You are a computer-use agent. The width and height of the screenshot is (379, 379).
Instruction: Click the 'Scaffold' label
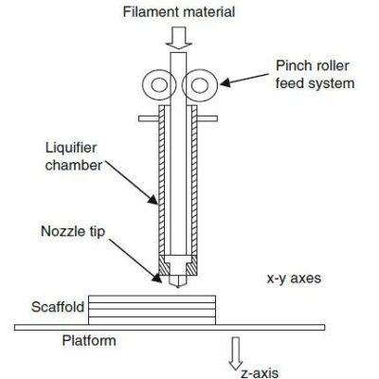[58, 307]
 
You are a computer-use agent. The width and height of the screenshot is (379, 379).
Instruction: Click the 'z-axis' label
[262, 370]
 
